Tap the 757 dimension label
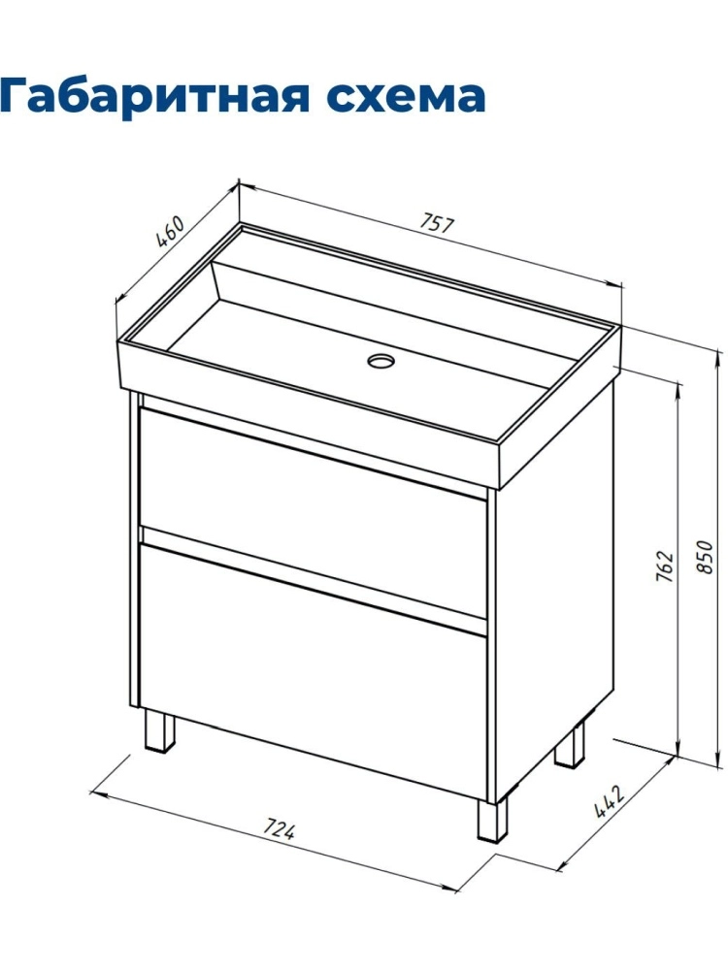coord(438,223)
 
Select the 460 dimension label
coord(169,231)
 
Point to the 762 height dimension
coord(663,566)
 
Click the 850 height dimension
coord(705,557)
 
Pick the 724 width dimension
coord(280,828)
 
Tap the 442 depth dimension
coord(610,801)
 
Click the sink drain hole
coord(381,360)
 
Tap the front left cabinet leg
coord(158,730)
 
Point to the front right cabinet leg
coord(492,819)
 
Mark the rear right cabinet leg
coord(570,744)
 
